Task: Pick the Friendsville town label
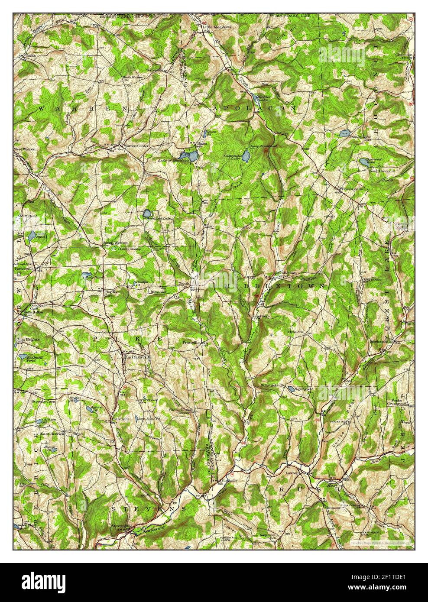pos(351,189)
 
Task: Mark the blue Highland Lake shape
pos(147,214)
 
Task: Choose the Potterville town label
pos(26,269)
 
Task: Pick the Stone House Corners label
pos(182,411)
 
